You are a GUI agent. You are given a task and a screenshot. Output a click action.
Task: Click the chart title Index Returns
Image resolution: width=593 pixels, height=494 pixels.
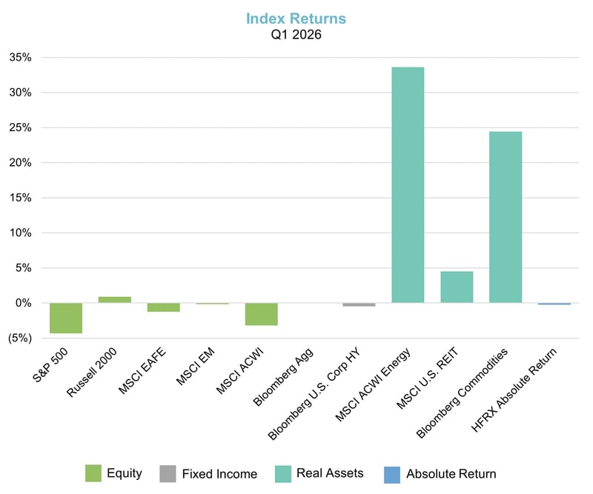(x=296, y=18)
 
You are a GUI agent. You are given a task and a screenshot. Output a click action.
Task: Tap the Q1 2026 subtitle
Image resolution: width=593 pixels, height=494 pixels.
(x=296, y=34)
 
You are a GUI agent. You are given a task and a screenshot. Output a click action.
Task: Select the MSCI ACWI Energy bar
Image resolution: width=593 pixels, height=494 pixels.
(x=408, y=184)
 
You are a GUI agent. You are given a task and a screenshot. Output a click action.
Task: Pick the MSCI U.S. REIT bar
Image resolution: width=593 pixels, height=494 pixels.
(x=457, y=287)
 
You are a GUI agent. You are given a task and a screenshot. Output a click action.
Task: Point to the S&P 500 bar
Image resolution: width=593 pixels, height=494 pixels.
(x=65, y=318)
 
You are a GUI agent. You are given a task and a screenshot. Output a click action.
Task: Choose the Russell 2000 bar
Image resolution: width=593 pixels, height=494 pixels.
(x=114, y=300)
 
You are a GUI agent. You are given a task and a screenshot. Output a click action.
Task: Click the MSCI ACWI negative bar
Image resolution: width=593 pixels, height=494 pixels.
(x=261, y=314)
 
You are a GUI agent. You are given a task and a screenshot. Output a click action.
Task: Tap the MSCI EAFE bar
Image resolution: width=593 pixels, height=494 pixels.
(x=163, y=307)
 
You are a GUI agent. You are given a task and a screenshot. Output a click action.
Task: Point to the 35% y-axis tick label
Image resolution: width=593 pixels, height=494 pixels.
(x=20, y=58)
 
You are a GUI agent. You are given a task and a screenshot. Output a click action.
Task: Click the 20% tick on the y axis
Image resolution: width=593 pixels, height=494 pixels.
(x=20, y=163)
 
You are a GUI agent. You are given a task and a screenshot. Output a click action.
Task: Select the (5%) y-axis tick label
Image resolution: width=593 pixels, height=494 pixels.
(x=19, y=338)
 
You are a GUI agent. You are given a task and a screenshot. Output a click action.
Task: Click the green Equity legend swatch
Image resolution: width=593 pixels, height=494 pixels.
(x=93, y=473)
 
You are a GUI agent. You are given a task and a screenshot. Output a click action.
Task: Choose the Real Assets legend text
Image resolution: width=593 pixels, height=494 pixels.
(x=330, y=473)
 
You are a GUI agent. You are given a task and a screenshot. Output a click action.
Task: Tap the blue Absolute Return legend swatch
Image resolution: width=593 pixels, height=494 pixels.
(x=392, y=473)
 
